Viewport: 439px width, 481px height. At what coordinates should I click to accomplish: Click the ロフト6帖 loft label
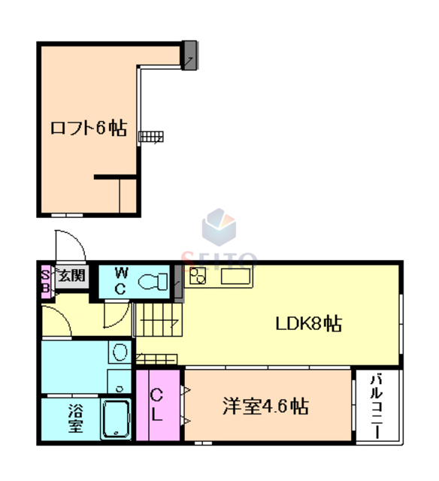point(88,128)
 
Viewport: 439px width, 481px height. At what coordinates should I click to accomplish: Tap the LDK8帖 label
point(309,324)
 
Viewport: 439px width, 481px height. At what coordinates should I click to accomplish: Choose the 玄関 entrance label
point(71,277)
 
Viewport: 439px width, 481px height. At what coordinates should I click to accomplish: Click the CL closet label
point(157,404)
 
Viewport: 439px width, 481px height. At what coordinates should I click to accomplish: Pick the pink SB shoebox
point(45,281)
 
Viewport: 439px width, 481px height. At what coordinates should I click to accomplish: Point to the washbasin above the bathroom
point(118,351)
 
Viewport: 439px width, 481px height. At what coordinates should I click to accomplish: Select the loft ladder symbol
point(150,136)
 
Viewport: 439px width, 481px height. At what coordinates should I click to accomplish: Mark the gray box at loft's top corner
point(189,53)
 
